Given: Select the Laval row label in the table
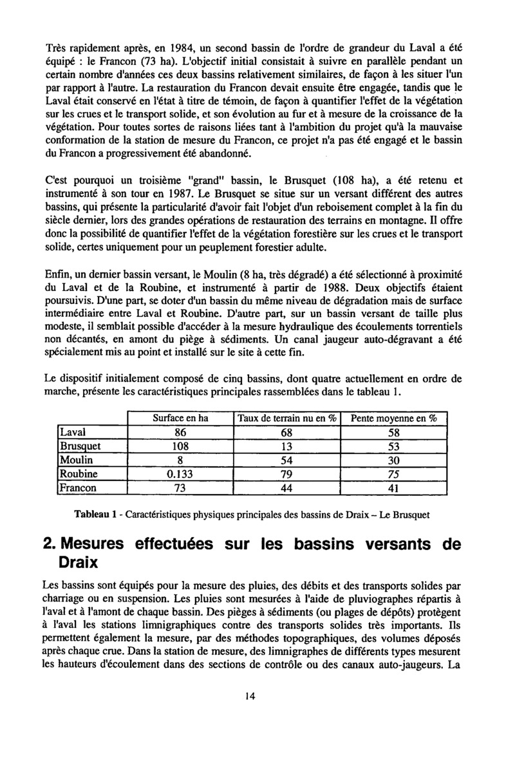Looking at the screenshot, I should [x=70, y=432].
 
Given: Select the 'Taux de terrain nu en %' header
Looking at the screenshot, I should [x=288, y=418].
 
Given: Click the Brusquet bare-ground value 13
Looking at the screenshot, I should [x=287, y=446].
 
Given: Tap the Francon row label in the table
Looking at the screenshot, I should [x=77, y=488].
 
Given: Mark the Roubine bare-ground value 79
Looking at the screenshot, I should [x=287, y=475].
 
